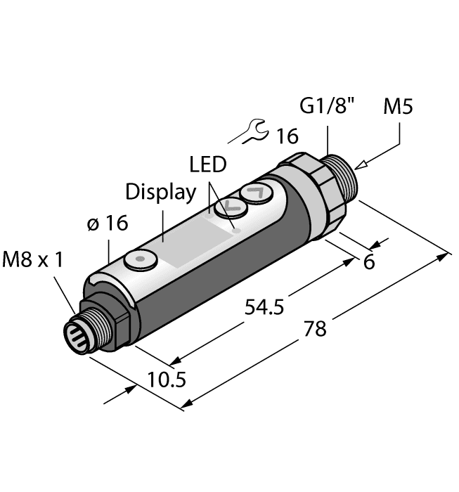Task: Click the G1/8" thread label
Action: (x=328, y=108)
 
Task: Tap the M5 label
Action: (x=399, y=108)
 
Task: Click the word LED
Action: (x=208, y=165)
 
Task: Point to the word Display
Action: (x=160, y=191)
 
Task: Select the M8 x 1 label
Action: (x=33, y=260)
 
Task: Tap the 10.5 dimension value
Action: (x=167, y=380)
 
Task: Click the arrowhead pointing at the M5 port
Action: (x=361, y=166)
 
